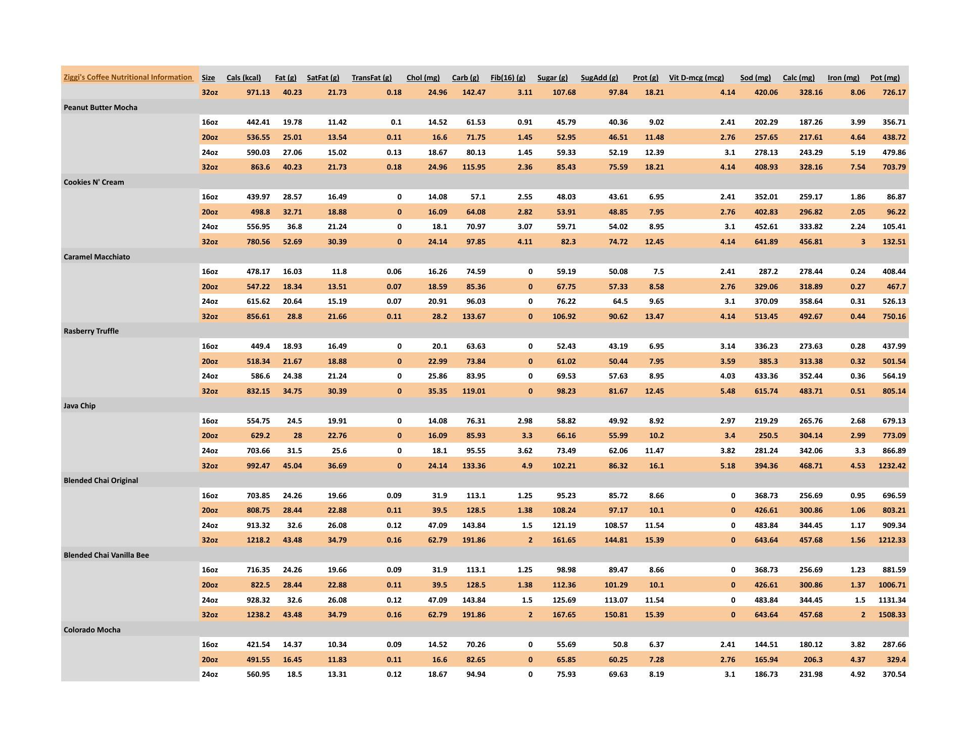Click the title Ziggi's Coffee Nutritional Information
pos(128,77)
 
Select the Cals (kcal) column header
pos(244,78)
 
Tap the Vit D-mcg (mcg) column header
pos(696,78)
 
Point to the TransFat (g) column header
pos(371,78)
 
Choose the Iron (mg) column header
pos(843,78)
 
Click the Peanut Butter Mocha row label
pos(101,108)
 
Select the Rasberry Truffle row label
pos(91,331)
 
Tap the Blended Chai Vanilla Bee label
pos(106,555)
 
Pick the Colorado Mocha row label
pos(92,630)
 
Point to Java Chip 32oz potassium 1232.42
pos(892,466)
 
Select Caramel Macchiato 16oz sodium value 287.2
pos(768,272)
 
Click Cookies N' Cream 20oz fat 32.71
pos(293,212)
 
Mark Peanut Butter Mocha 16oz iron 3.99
pos(857,122)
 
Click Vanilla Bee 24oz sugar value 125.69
pos(564,600)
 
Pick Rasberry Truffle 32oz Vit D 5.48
pos(727,391)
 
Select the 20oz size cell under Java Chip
pos(210,436)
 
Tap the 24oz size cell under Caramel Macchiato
pos(210,301)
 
